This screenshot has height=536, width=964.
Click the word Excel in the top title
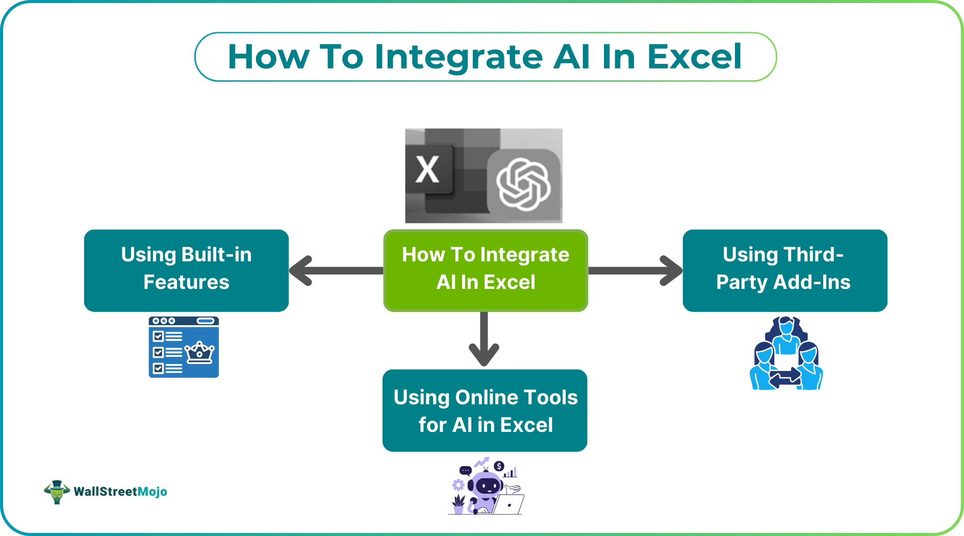[x=694, y=57]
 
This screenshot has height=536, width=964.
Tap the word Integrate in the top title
[x=459, y=57]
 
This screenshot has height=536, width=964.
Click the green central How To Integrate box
[x=486, y=270]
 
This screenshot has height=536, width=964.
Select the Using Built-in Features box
[x=186, y=270]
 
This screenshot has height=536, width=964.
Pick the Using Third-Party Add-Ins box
[x=784, y=270]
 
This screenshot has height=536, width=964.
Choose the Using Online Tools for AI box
[x=485, y=410]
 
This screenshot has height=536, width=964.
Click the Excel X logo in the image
[x=428, y=169]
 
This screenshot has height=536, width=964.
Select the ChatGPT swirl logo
[x=523, y=184]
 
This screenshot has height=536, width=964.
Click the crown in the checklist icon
[x=199, y=352]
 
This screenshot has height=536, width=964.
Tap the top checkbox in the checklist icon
[x=158, y=336]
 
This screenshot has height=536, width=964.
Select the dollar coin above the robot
[x=499, y=466]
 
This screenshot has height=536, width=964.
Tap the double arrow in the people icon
[x=785, y=378]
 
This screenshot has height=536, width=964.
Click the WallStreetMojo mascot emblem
[x=57, y=492]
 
